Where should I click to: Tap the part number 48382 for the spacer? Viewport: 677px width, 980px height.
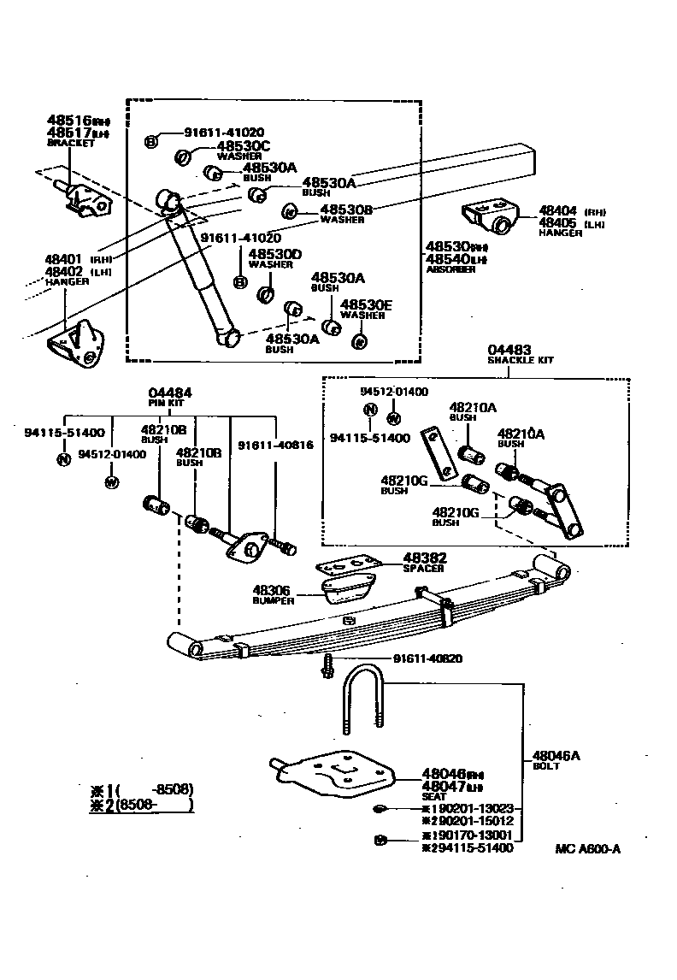tap(425, 558)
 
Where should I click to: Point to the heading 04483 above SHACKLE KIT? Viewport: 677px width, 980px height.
tap(509, 350)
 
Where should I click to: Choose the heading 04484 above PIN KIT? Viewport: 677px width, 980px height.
tap(170, 393)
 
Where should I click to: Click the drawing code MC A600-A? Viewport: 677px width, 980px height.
tap(587, 848)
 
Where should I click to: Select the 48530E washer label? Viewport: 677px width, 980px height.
tap(366, 304)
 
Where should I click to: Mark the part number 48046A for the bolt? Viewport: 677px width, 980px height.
tap(556, 755)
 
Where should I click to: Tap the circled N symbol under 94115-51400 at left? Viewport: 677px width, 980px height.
tap(63, 459)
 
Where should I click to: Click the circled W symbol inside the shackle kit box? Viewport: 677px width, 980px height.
tap(393, 418)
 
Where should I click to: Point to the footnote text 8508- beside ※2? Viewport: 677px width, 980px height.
tap(150, 804)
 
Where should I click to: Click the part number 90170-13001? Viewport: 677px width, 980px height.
tap(470, 835)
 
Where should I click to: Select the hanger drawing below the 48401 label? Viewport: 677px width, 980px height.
tap(77, 346)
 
